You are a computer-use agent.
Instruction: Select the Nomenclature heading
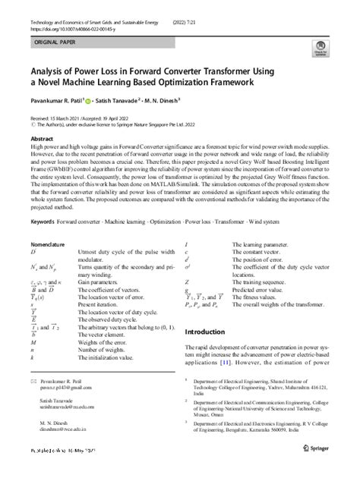[x=49, y=224]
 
